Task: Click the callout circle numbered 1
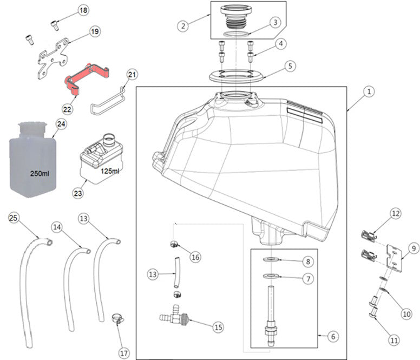(x=367, y=93)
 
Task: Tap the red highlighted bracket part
(x=87, y=77)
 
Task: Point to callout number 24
(x=61, y=124)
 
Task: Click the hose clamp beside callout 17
(x=115, y=319)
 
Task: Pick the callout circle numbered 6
(x=332, y=336)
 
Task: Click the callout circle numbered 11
(x=393, y=341)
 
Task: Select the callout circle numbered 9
(x=414, y=248)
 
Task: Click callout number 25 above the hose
(x=14, y=218)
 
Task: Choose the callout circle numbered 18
(x=83, y=11)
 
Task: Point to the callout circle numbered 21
(x=133, y=74)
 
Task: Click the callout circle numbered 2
(x=183, y=25)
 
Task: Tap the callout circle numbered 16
(x=195, y=257)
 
